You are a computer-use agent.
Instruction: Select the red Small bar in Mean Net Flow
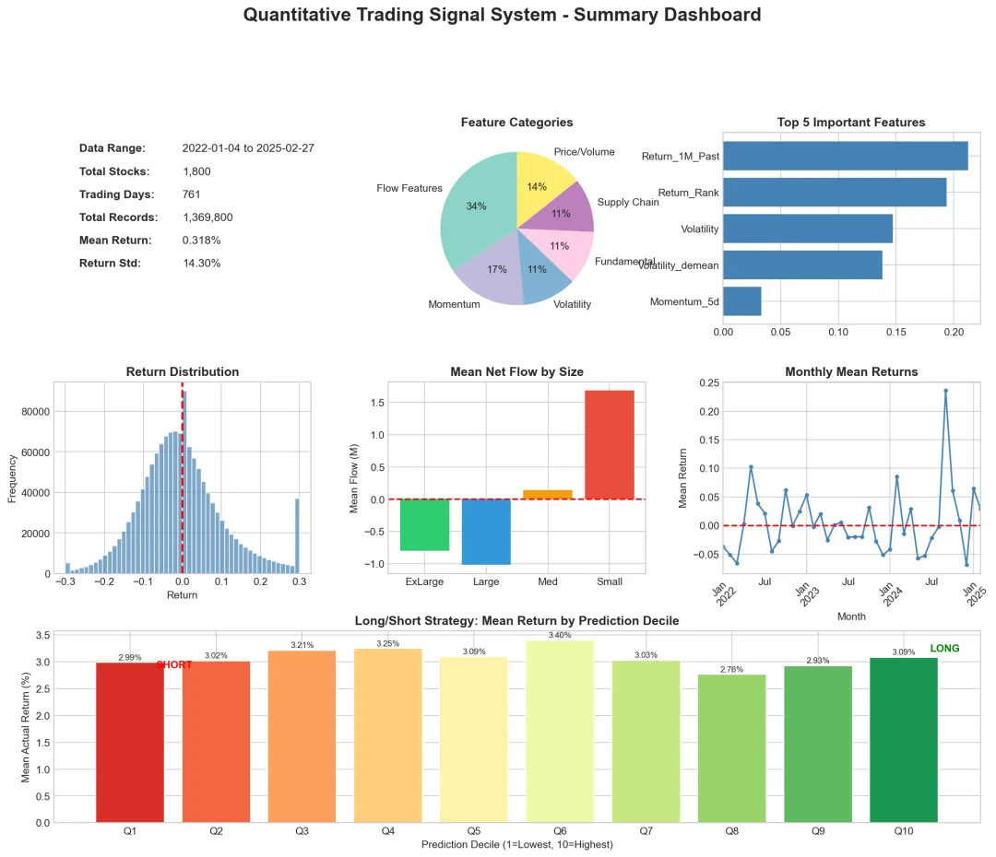[x=610, y=444]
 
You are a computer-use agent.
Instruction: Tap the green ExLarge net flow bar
[x=424, y=524]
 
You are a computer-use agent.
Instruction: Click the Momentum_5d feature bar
[x=742, y=301]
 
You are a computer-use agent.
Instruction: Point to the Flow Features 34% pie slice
[x=475, y=207]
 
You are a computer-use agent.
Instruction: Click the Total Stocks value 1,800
[x=197, y=171]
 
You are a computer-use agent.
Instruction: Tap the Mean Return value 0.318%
[x=201, y=241]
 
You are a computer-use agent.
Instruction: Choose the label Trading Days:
[x=116, y=194]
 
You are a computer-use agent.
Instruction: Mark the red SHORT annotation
[x=174, y=665]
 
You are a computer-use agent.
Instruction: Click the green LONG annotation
[x=945, y=649]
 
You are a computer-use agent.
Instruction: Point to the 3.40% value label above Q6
[x=560, y=635]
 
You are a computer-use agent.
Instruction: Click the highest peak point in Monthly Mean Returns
[x=945, y=391]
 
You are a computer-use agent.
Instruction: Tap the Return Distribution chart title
[x=182, y=372]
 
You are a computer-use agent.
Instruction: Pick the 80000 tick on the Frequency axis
[x=31, y=411]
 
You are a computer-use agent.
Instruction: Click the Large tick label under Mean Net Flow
[x=486, y=582]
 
